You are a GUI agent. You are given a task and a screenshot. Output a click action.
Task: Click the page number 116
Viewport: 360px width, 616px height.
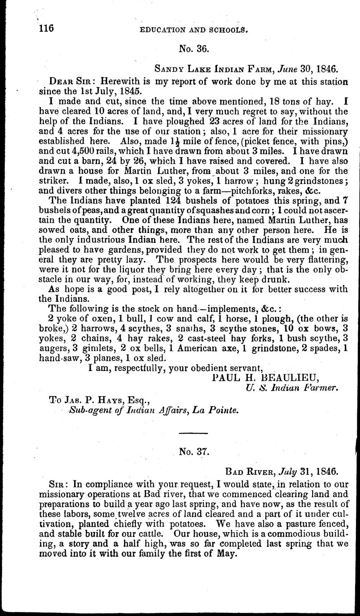tap(46, 28)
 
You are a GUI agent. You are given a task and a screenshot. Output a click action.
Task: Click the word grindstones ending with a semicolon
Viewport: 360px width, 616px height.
tap(320, 180)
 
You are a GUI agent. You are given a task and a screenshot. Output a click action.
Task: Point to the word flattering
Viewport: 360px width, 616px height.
tap(322, 259)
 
